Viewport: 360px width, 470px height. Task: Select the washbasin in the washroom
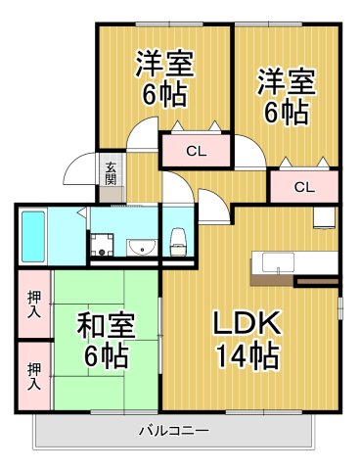(x=142, y=246)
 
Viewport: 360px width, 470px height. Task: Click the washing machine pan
(x=104, y=245)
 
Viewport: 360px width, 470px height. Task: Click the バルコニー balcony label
(x=172, y=429)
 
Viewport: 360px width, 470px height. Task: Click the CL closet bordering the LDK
(x=303, y=187)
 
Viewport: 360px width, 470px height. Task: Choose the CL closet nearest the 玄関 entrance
(x=195, y=151)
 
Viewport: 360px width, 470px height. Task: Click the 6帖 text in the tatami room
(x=97, y=355)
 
